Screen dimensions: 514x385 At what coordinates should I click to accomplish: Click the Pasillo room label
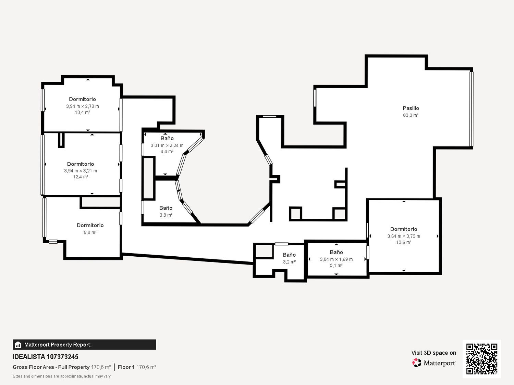tap(411, 108)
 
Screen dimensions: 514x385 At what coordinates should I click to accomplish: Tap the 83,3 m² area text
tap(411, 115)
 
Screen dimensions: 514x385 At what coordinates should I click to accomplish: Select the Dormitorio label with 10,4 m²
tap(83, 99)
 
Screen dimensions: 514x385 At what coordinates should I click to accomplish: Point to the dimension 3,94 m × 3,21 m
tap(81, 171)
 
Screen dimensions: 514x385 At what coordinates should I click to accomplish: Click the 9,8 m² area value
tap(90, 232)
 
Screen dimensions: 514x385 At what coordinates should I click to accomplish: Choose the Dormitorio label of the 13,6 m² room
tap(404, 229)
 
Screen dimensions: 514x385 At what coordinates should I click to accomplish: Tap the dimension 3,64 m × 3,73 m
tap(404, 236)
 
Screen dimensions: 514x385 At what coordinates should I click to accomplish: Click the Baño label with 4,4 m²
tap(167, 138)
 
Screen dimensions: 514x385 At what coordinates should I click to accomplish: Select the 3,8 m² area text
tap(166, 215)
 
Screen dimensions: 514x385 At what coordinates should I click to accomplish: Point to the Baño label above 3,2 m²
tap(289, 255)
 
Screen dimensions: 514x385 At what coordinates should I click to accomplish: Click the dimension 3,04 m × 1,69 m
tap(336, 259)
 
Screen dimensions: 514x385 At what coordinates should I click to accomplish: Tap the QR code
tap(482, 359)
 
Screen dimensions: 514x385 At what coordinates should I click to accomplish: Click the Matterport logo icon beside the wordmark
tap(417, 363)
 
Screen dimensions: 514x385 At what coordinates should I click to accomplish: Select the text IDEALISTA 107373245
tap(46, 357)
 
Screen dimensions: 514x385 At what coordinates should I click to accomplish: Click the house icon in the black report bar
tap(18, 345)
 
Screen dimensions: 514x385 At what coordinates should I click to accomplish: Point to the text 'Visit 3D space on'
tap(434, 353)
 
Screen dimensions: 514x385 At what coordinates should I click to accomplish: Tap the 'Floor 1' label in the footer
tap(126, 367)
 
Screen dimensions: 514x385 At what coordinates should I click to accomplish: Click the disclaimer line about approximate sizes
tap(62, 376)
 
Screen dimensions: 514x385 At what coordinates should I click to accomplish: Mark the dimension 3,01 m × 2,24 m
tap(167, 145)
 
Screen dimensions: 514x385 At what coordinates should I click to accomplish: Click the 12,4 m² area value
tap(81, 177)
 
